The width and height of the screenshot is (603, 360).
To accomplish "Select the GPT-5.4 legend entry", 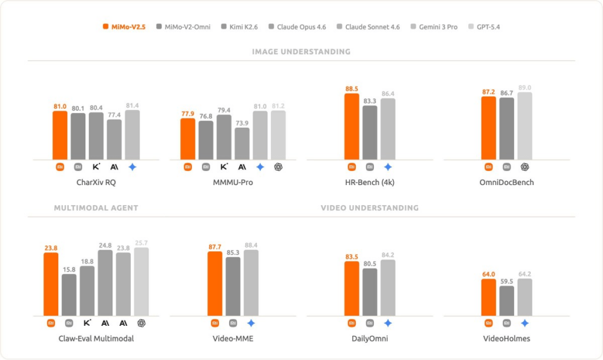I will pos(484,27).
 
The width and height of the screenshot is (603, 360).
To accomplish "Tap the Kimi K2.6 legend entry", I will pos(239,27).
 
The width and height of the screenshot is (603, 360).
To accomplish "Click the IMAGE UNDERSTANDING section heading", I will pos(301,52).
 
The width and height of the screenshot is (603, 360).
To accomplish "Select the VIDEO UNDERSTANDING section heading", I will pos(369,208).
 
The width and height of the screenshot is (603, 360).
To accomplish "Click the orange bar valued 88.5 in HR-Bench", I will pos(352,126).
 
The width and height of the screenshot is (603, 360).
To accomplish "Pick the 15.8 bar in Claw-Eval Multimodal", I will pos(69,295).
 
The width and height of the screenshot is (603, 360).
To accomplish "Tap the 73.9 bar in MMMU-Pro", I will pos(241,143).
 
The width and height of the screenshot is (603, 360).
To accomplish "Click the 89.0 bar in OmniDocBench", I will pos(525,125).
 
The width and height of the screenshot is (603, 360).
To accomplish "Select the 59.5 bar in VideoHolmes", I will pos(506,300).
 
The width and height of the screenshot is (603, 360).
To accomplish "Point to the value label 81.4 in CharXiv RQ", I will pos(132,105).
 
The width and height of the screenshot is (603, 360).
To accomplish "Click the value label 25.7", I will pos(141,243).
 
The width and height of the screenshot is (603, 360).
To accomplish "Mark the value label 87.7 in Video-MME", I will pos(215,247).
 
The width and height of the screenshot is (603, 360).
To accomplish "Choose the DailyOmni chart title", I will pos(369,338).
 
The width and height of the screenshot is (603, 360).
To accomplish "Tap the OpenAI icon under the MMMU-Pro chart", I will pos(278,167).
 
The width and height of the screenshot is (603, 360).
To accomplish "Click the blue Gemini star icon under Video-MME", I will pos(251,323).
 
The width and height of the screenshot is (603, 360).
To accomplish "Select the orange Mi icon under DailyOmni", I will pos(352,323).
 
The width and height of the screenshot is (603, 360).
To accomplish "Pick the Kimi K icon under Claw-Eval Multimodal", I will pos(87,323).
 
